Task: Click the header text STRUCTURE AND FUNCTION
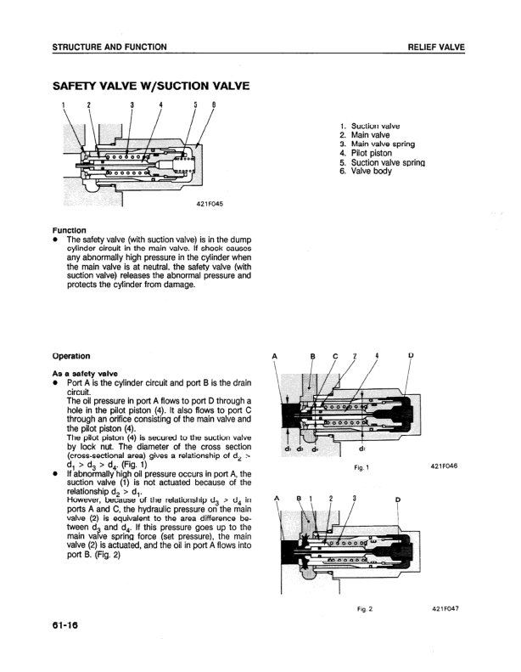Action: click(x=109, y=47)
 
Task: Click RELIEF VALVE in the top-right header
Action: click(x=436, y=47)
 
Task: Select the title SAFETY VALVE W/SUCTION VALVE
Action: click(x=150, y=87)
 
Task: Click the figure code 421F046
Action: click(x=444, y=466)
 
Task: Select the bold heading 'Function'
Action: click(x=69, y=229)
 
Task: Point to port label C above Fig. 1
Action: click(x=334, y=356)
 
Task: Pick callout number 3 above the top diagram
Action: click(x=132, y=105)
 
